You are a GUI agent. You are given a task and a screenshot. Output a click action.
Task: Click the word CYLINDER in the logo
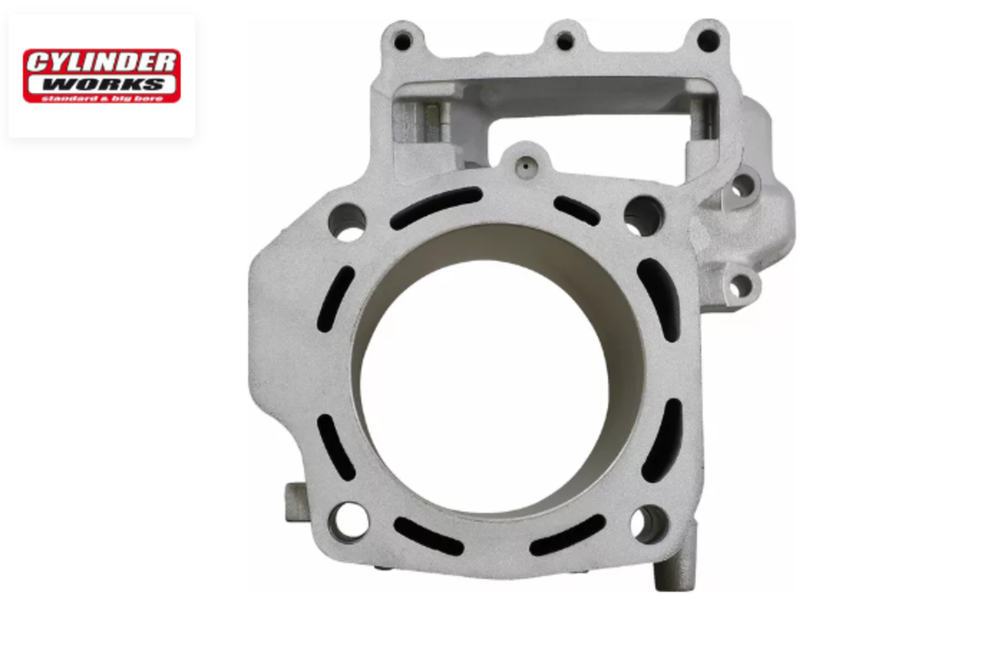coord(102,62)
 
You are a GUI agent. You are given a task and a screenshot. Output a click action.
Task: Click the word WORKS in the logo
coord(102,84)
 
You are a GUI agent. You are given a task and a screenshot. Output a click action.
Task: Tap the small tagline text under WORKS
coord(102,98)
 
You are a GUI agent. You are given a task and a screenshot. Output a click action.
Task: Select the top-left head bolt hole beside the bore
coord(347,222)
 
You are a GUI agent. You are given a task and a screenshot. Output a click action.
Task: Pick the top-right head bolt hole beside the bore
coord(644,216)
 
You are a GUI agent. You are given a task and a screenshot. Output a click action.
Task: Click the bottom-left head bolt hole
coord(349,520)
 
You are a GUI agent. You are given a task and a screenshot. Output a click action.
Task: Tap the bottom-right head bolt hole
coord(650,524)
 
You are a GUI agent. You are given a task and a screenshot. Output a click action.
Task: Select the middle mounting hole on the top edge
coord(565,42)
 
